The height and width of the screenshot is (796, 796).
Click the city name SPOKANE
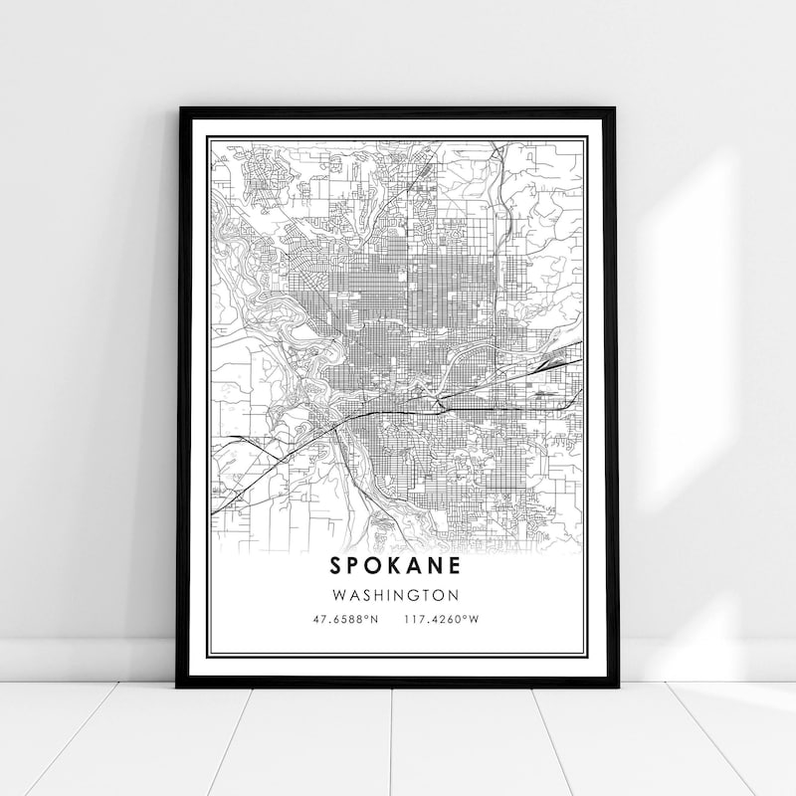(398, 567)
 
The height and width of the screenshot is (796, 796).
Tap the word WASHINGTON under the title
(398, 596)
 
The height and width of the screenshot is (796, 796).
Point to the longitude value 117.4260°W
(442, 619)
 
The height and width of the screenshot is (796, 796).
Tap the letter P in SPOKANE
(354, 567)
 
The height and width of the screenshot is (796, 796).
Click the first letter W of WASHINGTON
(342, 596)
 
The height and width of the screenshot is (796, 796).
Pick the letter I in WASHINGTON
(389, 596)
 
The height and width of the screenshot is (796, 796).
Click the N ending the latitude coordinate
(375, 619)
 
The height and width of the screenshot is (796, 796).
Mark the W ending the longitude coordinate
(475, 619)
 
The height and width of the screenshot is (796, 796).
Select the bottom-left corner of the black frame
(178, 687)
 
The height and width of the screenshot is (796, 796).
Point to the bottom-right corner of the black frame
(617, 687)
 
